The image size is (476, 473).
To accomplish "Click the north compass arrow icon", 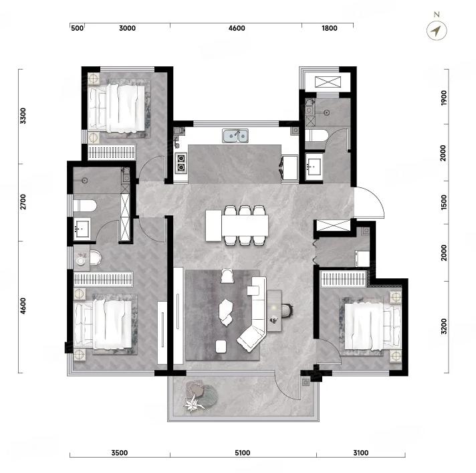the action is [x=437, y=30].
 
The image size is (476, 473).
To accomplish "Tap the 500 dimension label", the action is [x=77, y=28].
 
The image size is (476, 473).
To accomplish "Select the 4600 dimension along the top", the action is [x=237, y=28].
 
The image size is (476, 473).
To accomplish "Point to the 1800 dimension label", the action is [x=329, y=28].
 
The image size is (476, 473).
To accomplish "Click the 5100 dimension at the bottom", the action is [x=242, y=453].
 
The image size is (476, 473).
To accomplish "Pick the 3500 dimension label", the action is [x=119, y=453].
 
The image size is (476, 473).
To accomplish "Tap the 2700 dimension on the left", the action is [x=23, y=202].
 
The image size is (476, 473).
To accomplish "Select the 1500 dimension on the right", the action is [x=444, y=202].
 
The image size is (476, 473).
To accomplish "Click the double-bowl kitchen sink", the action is [x=235, y=136].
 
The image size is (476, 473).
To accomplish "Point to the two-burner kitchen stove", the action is [x=181, y=163].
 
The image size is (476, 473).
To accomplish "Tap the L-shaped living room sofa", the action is [x=254, y=313].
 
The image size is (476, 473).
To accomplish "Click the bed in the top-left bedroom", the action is [x=116, y=108].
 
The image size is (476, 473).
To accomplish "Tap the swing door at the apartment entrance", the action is [x=369, y=202].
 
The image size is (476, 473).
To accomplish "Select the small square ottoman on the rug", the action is [x=221, y=347].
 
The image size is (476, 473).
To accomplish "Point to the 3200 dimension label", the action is [x=444, y=326].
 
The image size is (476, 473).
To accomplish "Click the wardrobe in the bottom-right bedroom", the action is [x=344, y=279].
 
